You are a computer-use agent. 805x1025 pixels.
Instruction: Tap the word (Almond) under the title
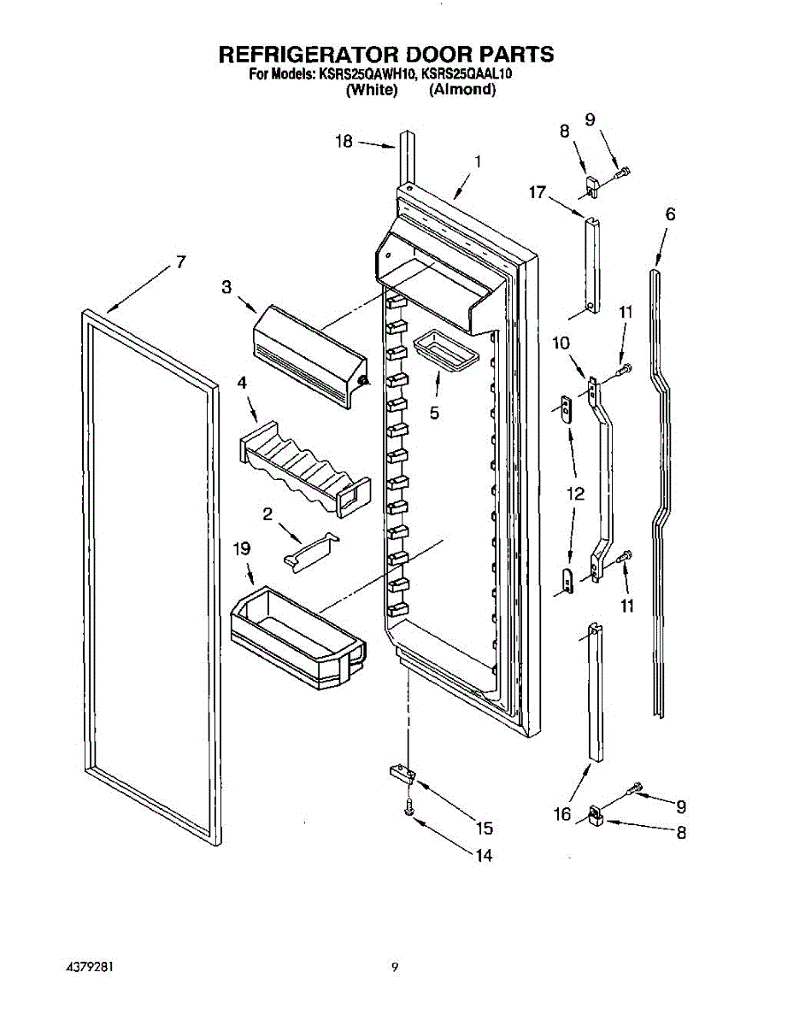(x=462, y=90)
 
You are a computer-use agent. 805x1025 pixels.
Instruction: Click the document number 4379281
(x=91, y=968)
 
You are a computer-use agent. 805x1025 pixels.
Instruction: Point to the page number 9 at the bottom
(x=395, y=968)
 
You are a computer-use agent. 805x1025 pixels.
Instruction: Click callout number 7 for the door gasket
(x=180, y=262)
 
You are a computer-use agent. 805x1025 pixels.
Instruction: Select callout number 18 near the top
(x=344, y=143)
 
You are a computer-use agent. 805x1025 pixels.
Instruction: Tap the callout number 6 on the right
(x=670, y=214)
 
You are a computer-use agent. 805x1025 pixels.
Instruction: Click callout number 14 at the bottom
(x=484, y=856)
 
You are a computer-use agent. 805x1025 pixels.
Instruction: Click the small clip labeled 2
(x=310, y=549)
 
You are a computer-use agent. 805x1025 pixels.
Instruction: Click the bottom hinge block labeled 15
(x=400, y=774)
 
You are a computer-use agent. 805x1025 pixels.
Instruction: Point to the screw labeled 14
(x=409, y=805)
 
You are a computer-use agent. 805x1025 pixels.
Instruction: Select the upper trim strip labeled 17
(x=592, y=265)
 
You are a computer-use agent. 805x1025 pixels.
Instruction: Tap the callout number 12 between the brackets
(x=575, y=494)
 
